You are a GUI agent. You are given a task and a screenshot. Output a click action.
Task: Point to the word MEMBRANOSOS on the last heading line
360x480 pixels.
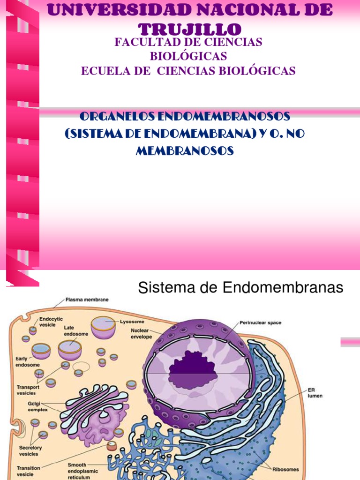click(185, 151)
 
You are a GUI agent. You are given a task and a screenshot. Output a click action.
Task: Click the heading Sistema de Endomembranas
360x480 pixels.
click(240, 288)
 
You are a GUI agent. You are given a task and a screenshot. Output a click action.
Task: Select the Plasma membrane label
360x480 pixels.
click(87, 299)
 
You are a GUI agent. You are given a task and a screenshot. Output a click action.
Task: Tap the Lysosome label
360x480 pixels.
click(132, 322)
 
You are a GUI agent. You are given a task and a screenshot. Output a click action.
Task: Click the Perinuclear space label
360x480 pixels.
click(260, 322)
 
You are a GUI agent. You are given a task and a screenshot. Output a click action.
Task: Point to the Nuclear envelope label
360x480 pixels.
click(141, 333)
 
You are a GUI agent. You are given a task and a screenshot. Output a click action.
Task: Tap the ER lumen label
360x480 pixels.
click(315, 392)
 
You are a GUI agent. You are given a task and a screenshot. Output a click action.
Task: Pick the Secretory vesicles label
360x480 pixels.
click(30, 450)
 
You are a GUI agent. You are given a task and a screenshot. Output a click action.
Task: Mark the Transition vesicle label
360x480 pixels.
click(28, 470)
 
